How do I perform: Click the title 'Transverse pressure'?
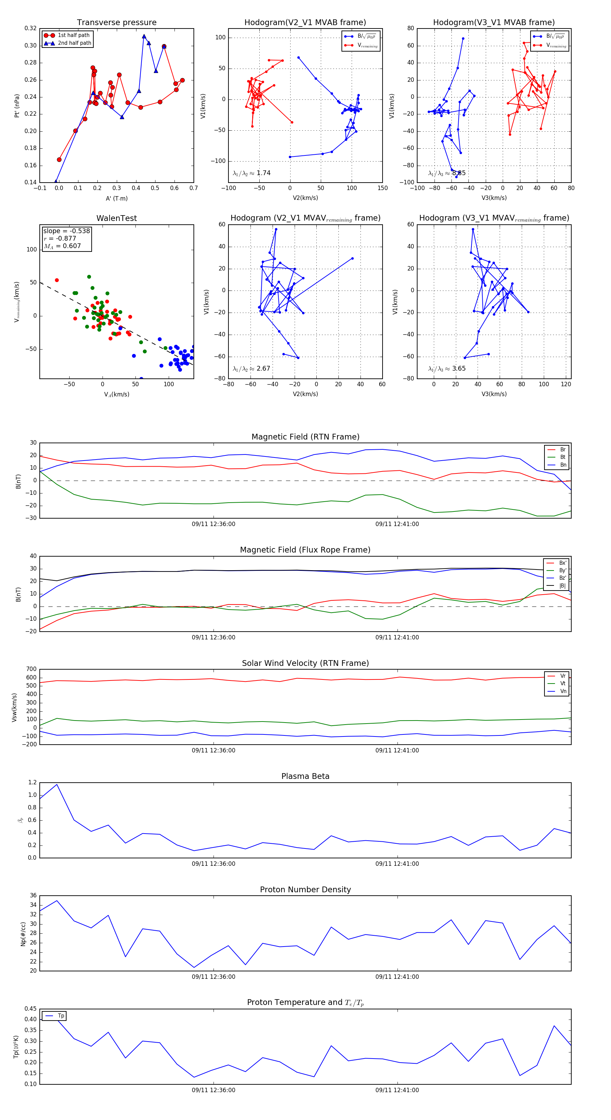click(x=116, y=23)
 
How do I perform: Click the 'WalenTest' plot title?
click(x=116, y=218)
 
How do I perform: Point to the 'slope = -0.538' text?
click(x=67, y=231)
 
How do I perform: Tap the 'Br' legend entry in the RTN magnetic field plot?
click(x=562, y=450)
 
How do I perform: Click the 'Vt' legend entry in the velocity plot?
click(x=563, y=684)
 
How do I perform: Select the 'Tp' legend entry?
click(x=61, y=1016)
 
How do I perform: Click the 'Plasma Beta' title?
click(x=305, y=776)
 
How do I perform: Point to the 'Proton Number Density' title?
click(x=305, y=890)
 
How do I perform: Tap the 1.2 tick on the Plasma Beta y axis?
click(x=32, y=783)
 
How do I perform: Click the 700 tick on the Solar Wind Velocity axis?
click(x=31, y=669)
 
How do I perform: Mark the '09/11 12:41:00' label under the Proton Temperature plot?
click(x=397, y=1090)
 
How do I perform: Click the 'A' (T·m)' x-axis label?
click(x=116, y=198)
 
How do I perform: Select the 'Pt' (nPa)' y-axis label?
click(x=17, y=106)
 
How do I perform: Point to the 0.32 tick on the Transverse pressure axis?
click(x=31, y=28)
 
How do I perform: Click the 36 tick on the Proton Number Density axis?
click(x=33, y=896)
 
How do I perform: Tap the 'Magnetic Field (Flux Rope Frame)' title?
click(x=305, y=550)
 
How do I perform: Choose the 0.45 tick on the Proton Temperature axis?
click(x=31, y=1009)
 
